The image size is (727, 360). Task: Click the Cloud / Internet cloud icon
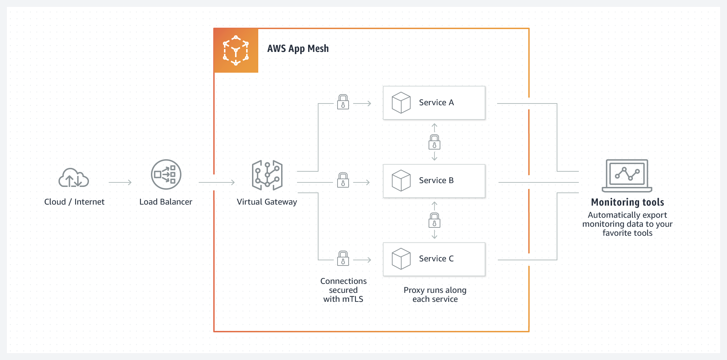(x=74, y=178)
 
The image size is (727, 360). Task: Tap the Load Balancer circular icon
(x=166, y=174)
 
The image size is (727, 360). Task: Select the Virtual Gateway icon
(x=267, y=175)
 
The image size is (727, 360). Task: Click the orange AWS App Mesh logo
(x=236, y=51)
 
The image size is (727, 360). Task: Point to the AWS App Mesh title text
(x=298, y=48)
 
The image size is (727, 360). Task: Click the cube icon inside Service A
(x=401, y=102)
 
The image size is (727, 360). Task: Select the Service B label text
(x=436, y=180)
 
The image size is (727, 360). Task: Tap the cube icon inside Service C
(x=401, y=259)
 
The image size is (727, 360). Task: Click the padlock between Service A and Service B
(x=434, y=142)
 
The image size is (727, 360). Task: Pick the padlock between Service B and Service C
(x=434, y=220)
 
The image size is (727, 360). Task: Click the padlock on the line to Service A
(x=343, y=102)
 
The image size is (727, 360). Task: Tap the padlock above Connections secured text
(x=343, y=258)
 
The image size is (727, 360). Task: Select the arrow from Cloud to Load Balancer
(x=120, y=182)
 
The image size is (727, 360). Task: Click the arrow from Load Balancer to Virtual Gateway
(x=217, y=182)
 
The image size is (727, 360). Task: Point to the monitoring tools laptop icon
(x=627, y=175)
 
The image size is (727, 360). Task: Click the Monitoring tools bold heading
(x=627, y=202)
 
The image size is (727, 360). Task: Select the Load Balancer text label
(x=165, y=202)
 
